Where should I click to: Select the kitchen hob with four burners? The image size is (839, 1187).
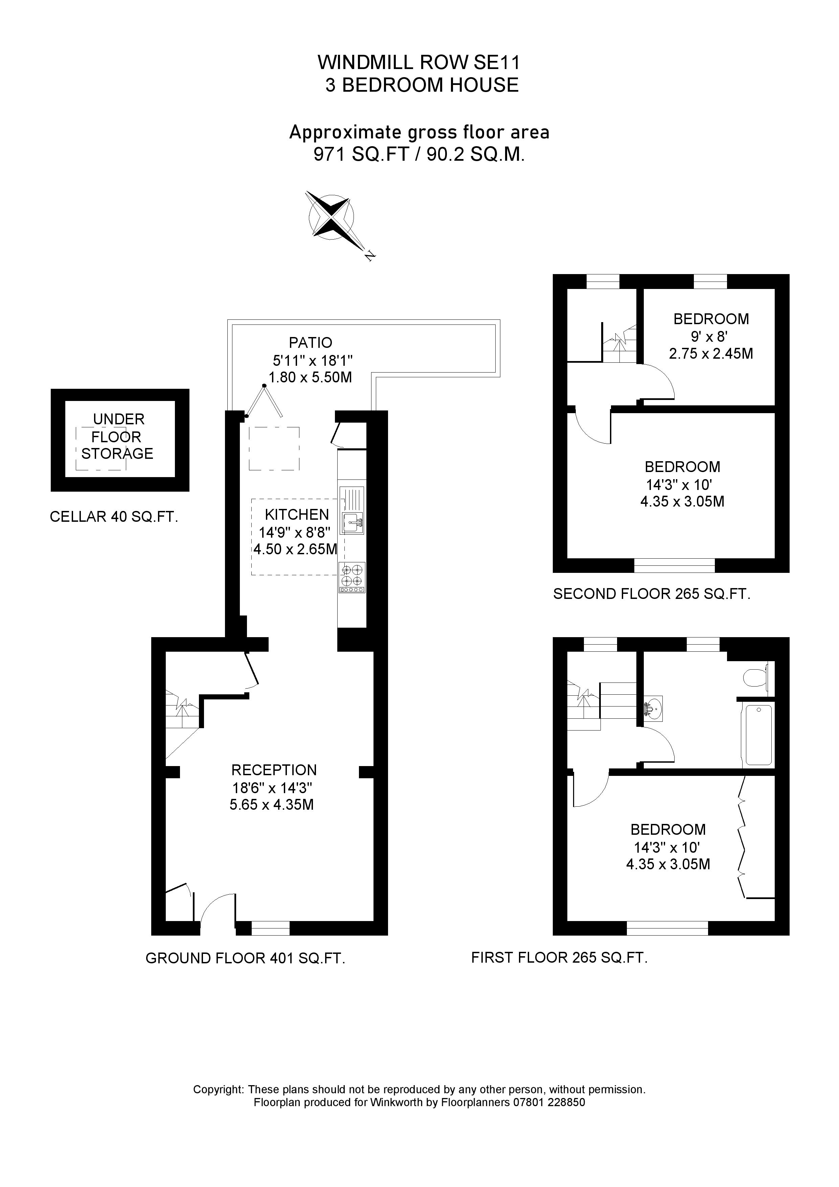click(x=352, y=577)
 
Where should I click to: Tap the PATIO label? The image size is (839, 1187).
click(x=310, y=342)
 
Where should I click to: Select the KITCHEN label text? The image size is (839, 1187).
click(x=297, y=514)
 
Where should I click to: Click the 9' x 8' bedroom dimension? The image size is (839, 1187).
click(x=709, y=337)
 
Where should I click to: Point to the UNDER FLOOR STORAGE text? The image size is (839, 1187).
click(x=118, y=436)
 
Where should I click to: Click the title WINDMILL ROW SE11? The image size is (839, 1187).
click(x=418, y=63)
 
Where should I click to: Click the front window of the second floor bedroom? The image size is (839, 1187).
click(x=674, y=565)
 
